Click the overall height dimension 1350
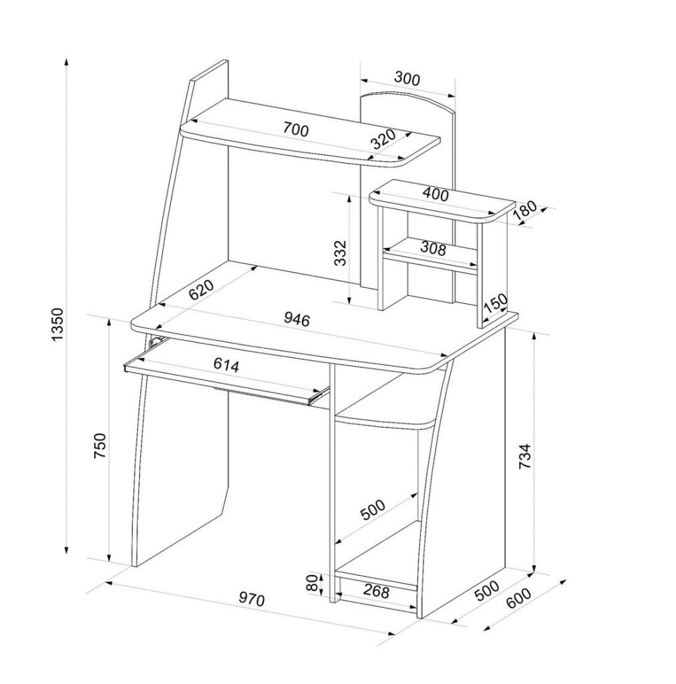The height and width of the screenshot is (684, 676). tap(57, 325)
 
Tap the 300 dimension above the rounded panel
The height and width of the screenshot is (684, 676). tap(407, 79)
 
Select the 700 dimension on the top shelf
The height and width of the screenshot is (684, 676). tap(296, 129)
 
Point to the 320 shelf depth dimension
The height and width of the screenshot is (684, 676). tap(383, 140)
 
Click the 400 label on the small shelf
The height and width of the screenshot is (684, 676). tap(436, 194)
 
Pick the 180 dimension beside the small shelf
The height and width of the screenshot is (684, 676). tap(525, 212)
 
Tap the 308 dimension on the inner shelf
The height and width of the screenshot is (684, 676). tap(433, 248)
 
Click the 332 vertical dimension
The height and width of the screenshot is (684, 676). tap(340, 252)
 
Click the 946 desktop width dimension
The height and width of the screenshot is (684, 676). tap(297, 320)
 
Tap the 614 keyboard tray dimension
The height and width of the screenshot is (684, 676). tap(226, 365)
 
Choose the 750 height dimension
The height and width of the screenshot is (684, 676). tap(100, 446)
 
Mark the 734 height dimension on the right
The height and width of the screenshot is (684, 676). tap(524, 456)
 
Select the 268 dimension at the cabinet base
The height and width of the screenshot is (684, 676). tap(376, 592)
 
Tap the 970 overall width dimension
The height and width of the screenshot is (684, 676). tap(252, 600)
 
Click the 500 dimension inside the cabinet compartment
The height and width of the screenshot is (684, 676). tap(373, 510)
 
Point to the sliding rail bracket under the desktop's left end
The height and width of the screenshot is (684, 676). tap(154, 341)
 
